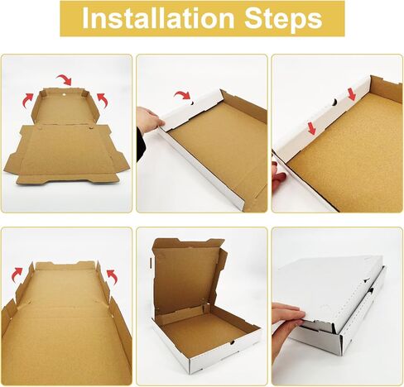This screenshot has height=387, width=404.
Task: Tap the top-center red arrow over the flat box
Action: pos(66,79)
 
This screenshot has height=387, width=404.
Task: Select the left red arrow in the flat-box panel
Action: pos(28,99)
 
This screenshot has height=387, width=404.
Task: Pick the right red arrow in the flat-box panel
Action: pos(103,98)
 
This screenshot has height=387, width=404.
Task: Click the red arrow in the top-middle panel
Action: pos(183,98)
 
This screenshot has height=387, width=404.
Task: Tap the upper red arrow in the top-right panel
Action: pos(351,94)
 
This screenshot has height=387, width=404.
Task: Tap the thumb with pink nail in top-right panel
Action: pos(278,176)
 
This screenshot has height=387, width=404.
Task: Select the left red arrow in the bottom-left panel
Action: pos(17,272)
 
